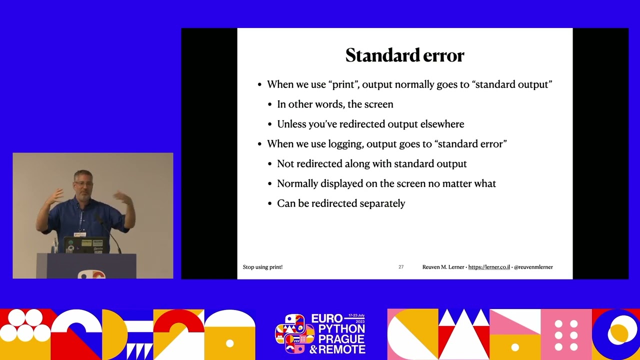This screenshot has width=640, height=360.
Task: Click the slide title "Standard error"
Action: [x=404, y=55]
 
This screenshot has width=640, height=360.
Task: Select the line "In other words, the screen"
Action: [x=335, y=104]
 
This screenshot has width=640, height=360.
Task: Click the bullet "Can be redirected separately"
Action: [x=341, y=203]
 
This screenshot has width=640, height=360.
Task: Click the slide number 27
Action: [x=401, y=267]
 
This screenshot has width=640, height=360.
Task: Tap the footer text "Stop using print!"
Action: [x=262, y=267]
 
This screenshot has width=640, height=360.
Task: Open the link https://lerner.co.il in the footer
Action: [x=489, y=267]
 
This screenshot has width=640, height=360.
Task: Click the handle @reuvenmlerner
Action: [x=533, y=267]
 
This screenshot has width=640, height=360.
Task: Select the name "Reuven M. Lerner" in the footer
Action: [x=443, y=267]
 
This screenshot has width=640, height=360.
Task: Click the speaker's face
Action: [x=83, y=184]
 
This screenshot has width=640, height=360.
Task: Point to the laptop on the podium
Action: [x=86, y=244]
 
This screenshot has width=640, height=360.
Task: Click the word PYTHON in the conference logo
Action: [x=338, y=329]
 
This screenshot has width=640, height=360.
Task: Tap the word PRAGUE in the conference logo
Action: [x=338, y=339]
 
